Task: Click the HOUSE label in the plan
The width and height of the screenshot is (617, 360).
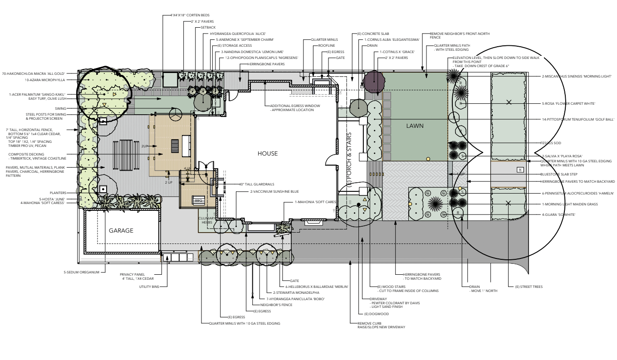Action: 267,154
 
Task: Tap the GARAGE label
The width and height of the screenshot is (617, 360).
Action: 121,230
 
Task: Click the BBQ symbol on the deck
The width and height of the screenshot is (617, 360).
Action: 198,200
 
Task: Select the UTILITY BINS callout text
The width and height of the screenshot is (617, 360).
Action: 142,287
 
